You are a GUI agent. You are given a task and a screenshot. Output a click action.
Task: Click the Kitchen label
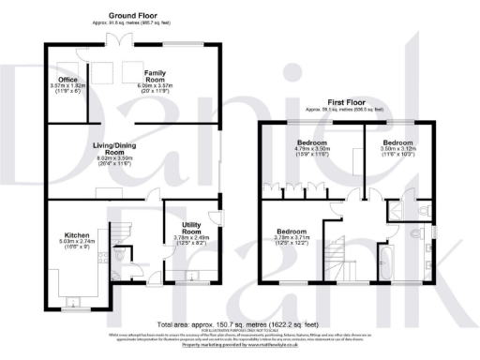(76, 235)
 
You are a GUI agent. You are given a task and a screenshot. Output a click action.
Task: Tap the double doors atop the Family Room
(118, 39)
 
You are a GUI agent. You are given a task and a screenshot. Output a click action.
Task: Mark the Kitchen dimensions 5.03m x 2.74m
(76, 243)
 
